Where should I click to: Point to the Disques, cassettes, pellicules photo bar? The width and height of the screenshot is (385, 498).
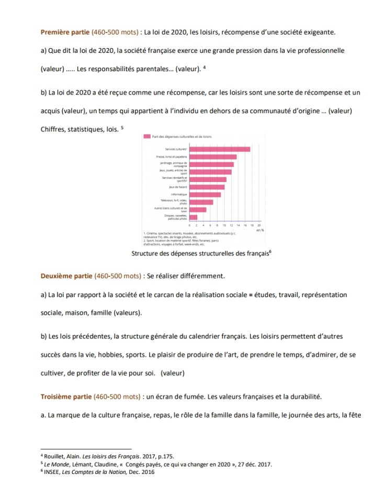pos(193,217)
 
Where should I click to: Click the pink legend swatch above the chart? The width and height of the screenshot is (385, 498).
pos(146,137)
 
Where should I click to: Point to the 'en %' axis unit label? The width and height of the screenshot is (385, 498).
pos(260,230)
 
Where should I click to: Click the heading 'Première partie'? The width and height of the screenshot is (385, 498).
pos(65,32)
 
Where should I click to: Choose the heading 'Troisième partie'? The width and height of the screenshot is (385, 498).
pos(65,396)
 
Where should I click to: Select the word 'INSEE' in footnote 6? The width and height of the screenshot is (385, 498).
pos(51,471)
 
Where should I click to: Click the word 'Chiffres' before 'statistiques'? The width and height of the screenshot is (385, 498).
pos(53,129)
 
